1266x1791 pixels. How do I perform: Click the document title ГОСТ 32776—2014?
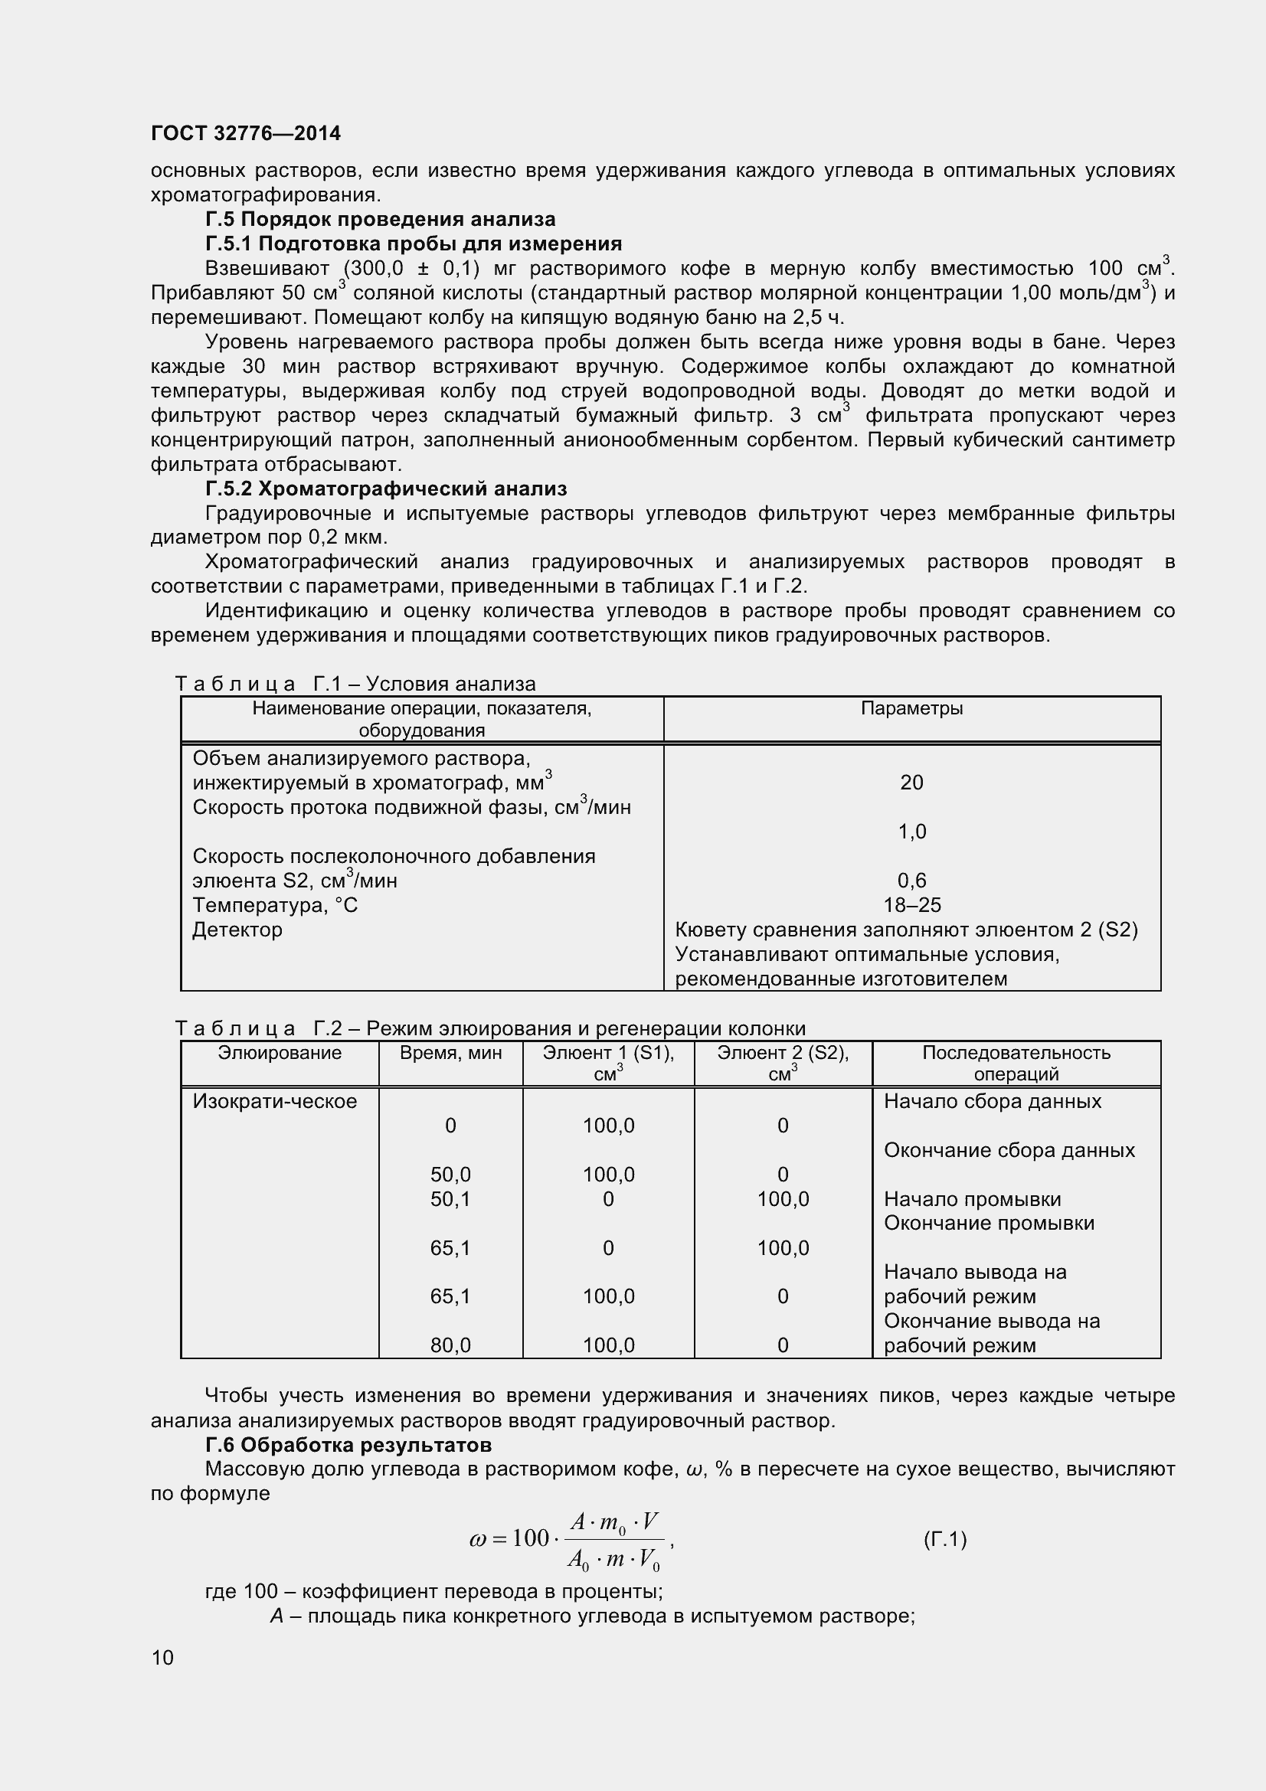(246, 133)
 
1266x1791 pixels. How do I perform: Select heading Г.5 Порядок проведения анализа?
(380, 219)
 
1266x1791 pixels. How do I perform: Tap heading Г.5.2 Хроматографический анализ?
(385, 489)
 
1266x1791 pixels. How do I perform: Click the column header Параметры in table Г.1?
(911, 708)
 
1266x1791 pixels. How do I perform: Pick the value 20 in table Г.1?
(911, 783)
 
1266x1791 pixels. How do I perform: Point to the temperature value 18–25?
(912, 905)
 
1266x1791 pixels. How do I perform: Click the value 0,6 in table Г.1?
(911, 881)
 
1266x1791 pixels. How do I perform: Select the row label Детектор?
(237, 930)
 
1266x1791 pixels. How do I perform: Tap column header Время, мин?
(450, 1053)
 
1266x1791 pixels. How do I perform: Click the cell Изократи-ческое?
(275, 1101)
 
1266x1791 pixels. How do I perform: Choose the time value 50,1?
(450, 1199)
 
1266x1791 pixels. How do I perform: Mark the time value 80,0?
(450, 1345)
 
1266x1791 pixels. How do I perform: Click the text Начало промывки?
(972, 1199)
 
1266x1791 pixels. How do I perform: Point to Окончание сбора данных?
(1009, 1150)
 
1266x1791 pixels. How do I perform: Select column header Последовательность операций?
(1016, 1063)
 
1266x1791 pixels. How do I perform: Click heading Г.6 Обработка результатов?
(348, 1445)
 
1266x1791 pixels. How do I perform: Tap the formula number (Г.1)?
(944, 1539)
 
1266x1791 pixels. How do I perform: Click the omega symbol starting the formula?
(477, 1539)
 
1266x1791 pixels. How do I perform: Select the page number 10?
(162, 1658)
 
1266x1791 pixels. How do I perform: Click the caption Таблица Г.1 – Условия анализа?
(355, 684)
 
